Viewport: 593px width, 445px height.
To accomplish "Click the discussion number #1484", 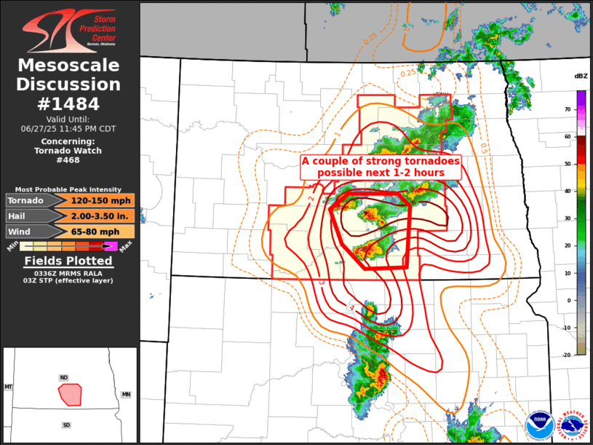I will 69,103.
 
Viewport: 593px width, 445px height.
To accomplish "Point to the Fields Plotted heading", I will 69,261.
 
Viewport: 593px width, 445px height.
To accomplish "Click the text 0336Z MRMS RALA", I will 69,272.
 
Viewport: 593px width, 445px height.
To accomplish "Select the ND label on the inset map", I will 64,378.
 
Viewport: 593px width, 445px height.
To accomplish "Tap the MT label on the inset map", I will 9,387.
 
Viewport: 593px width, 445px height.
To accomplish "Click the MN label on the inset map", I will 126,393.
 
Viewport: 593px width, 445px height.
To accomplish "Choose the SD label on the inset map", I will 67,424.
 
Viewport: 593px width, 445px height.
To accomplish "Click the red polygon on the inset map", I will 70,394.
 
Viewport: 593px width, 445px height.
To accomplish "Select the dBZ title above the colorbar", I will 581,76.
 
